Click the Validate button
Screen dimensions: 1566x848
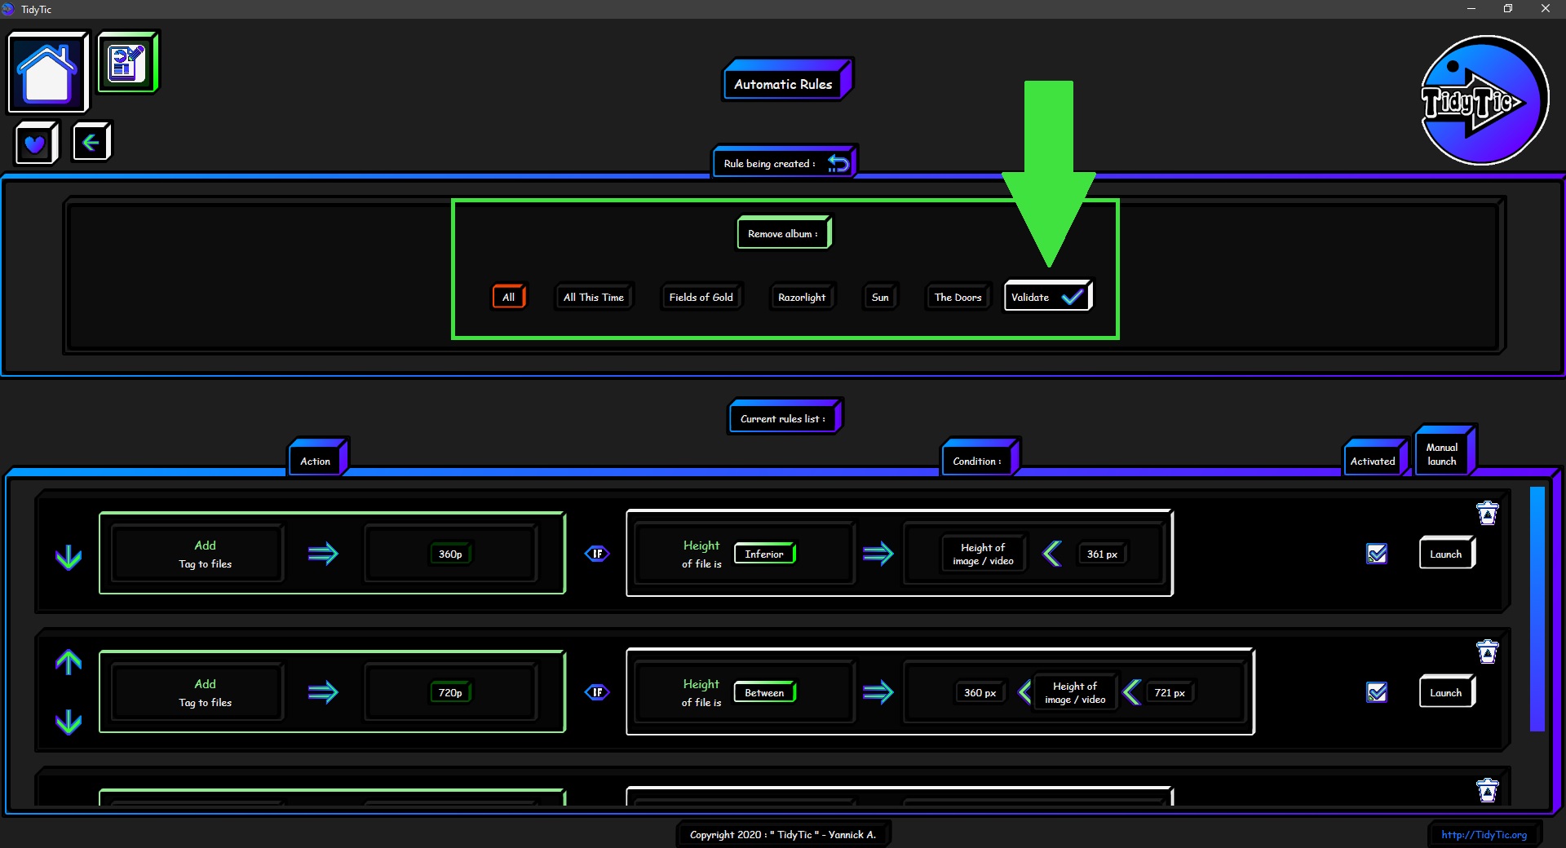click(x=1048, y=297)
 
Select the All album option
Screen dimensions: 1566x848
click(x=509, y=297)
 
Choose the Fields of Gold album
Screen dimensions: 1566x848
click(x=701, y=297)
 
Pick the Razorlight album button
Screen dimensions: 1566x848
click(x=802, y=297)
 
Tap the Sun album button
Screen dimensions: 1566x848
click(x=880, y=297)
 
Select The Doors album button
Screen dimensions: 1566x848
click(x=958, y=297)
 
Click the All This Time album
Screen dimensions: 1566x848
click(x=594, y=297)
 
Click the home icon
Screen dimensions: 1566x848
click(x=48, y=72)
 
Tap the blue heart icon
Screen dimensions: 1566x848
click(x=36, y=144)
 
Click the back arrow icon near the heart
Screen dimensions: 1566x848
click(x=91, y=142)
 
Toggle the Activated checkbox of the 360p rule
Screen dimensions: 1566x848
click(x=1377, y=554)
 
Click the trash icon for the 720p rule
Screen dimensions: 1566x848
click(x=1488, y=651)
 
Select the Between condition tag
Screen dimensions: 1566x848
click(x=764, y=692)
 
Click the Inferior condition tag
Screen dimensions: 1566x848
click(x=764, y=554)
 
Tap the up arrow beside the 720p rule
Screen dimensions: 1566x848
click(x=69, y=662)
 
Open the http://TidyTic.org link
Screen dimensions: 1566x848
click(x=1484, y=834)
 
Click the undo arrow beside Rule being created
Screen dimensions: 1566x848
click(x=838, y=163)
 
